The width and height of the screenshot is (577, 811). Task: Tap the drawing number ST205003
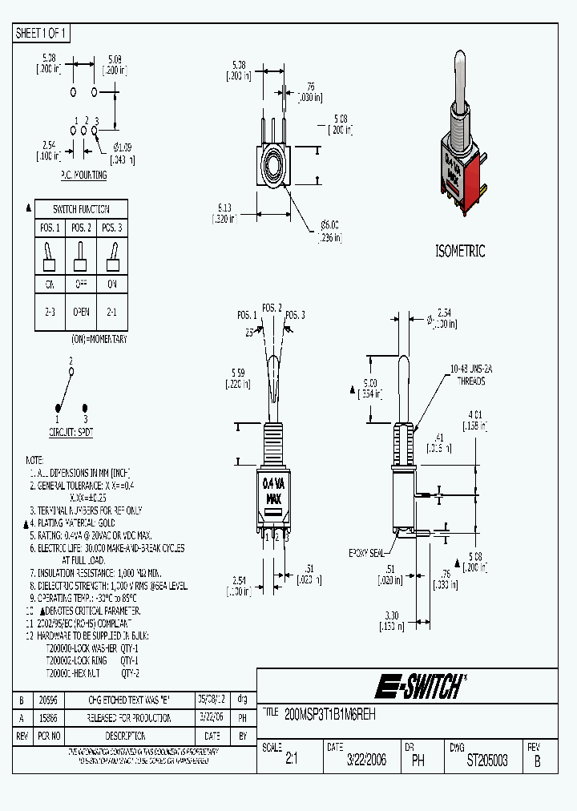click(x=487, y=761)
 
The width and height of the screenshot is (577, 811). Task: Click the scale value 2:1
click(x=291, y=761)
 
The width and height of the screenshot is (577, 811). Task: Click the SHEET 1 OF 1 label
click(x=42, y=34)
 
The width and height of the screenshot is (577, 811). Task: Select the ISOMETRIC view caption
click(x=460, y=251)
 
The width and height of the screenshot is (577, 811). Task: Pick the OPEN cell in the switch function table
click(x=81, y=311)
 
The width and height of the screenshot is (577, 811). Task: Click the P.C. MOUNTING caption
click(x=83, y=175)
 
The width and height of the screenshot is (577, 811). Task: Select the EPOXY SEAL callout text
click(x=368, y=554)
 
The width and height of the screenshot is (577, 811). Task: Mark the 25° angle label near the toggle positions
click(x=249, y=331)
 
